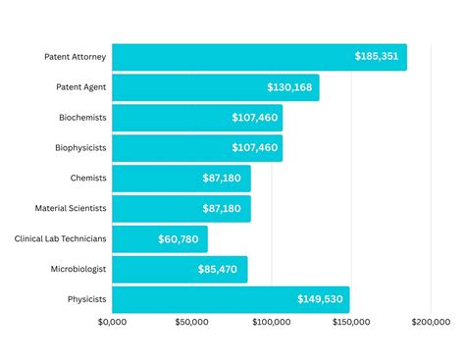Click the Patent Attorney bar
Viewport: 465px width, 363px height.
pyautogui.click(x=259, y=57)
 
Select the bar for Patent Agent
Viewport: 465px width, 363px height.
pyautogui.click(x=216, y=87)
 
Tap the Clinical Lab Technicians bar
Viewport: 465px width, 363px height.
pyautogui.click(x=160, y=238)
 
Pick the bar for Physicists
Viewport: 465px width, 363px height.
pyautogui.click(x=231, y=299)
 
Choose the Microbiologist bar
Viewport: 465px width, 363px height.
pyautogui.click(x=180, y=269)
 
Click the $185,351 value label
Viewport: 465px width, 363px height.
pyautogui.click(x=377, y=57)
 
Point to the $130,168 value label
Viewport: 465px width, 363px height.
pyautogui.click(x=290, y=87)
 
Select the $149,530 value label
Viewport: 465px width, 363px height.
pyautogui.click(x=321, y=299)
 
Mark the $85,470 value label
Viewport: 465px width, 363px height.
pyautogui.click(x=222, y=269)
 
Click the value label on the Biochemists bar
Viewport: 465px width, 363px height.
pyautogui.click(x=254, y=118)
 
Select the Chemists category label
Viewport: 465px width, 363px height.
pyautogui.click(x=88, y=179)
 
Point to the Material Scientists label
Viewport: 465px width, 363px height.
pyautogui.click(x=71, y=208)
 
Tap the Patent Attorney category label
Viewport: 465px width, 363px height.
pyautogui.click(x=76, y=57)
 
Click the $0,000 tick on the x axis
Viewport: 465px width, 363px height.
pyautogui.click(x=113, y=322)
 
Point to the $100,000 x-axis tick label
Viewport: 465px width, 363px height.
pyautogui.click(x=271, y=322)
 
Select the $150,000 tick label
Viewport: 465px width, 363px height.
pyautogui.click(x=350, y=322)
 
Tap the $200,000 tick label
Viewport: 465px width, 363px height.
pyautogui.click(x=430, y=322)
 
